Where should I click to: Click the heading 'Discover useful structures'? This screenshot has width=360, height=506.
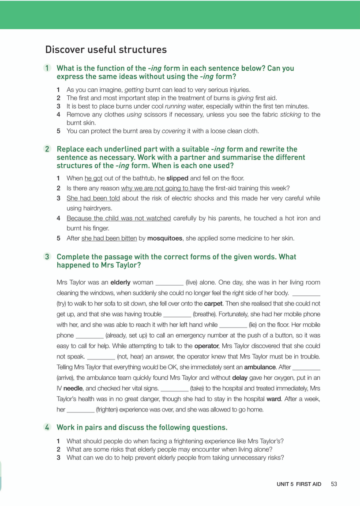106,49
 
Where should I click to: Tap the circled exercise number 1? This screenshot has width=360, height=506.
47,68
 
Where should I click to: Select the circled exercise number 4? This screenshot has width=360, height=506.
47,427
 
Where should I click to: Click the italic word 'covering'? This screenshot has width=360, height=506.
173,131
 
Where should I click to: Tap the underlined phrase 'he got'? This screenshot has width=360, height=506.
94,179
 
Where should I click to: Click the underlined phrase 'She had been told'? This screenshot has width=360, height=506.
93,198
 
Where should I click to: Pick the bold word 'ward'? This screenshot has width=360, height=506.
274,399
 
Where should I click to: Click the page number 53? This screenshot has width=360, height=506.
334,484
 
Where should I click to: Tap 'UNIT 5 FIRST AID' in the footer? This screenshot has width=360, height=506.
296,484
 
